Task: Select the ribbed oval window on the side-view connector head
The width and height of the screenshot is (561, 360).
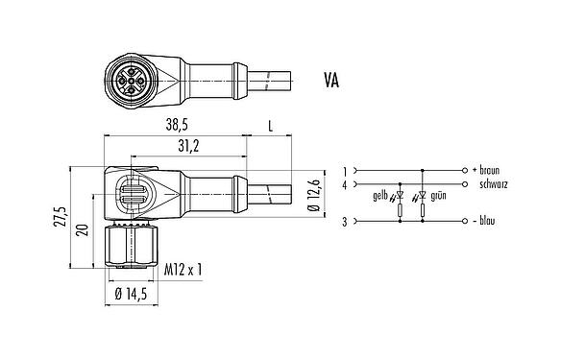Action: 131,188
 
